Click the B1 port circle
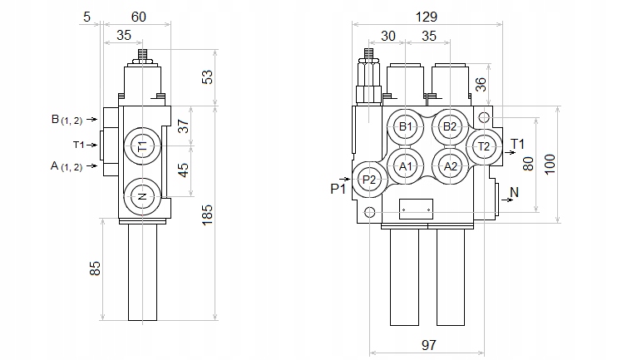click(406, 126)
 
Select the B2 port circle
click(450, 126)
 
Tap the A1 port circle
click(406, 166)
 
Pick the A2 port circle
click(450, 166)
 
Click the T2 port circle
click(484, 146)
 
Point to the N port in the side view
click(142, 197)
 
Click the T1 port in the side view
click(142, 146)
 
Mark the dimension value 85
click(95, 268)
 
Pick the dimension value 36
click(480, 84)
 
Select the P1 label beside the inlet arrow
click(338, 189)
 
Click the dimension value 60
click(140, 16)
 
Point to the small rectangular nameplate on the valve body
click(416, 209)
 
